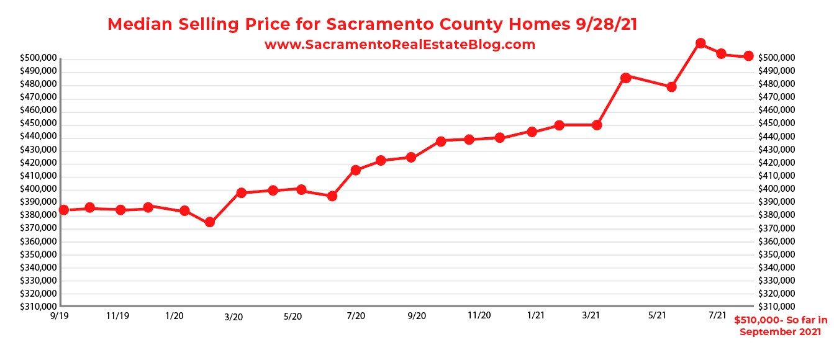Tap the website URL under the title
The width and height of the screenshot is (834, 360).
(x=399, y=45)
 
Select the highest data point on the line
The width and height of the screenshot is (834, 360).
(x=700, y=43)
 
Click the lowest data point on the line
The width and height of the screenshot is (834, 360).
(x=210, y=222)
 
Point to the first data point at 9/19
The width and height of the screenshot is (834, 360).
(x=63, y=210)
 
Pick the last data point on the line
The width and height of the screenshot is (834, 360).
(x=748, y=56)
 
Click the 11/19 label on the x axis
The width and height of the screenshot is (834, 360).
(x=117, y=316)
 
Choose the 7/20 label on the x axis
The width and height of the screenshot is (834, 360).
(x=356, y=316)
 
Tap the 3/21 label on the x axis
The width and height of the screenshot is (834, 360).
(x=591, y=315)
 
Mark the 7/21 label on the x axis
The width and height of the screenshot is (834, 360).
(x=717, y=315)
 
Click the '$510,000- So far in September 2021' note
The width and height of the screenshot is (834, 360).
(x=781, y=326)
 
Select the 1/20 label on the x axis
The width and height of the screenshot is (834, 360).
(x=174, y=316)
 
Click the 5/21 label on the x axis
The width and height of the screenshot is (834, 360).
(x=657, y=315)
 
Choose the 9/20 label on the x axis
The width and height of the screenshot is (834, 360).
(x=416, y=316)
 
